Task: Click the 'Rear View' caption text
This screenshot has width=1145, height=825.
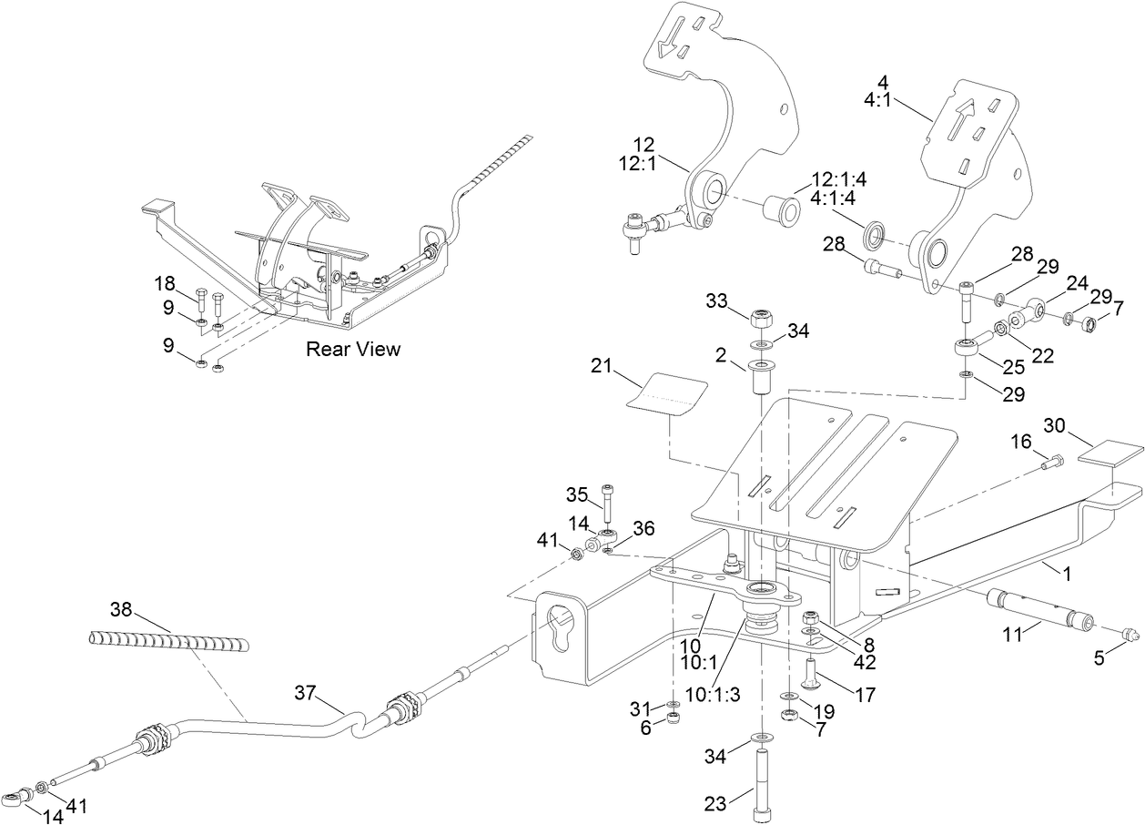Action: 352,349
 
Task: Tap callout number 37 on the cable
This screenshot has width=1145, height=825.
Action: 306,694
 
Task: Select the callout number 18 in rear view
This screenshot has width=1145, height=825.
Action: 164,282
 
